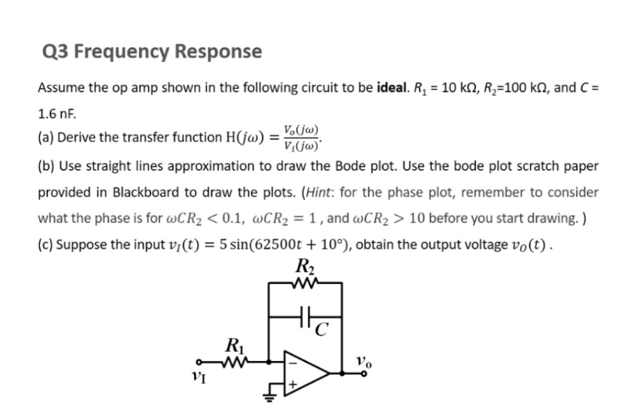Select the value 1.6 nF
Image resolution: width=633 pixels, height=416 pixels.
click(x=56, y=115)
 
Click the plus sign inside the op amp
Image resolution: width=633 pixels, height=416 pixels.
click(x=293, y=385)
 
